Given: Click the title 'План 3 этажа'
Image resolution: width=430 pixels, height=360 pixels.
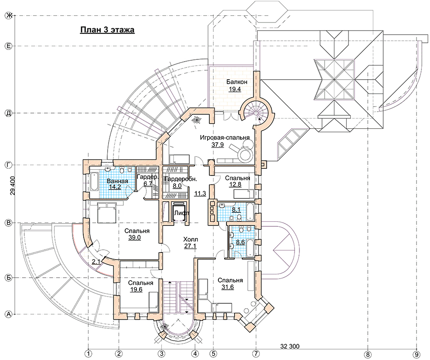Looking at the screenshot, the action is tap(107, 30).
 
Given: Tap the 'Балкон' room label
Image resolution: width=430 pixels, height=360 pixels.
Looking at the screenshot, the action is tap(237, 82).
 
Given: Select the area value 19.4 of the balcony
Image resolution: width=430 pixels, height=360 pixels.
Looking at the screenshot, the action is tap(235, 89).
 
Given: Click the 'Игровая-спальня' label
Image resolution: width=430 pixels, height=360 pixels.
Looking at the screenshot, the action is tap(225, 138).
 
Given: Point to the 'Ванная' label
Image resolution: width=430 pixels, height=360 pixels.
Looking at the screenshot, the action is tap(118, 181).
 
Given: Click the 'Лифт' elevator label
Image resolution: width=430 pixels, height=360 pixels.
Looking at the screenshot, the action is tap(182, 213).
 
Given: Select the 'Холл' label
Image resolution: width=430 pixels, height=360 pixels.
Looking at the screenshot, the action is tap(190, 239).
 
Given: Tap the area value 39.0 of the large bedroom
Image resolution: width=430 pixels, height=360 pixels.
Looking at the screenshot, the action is tap(135, 238).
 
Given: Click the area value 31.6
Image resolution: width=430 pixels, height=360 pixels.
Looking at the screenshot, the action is tap(228, 287).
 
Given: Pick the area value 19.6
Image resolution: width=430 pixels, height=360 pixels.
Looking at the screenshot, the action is tap(136, 290).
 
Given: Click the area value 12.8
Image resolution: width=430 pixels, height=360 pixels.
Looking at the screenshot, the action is tap(235, 184).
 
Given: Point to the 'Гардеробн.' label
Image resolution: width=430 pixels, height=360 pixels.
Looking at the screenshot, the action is tap(181, 179).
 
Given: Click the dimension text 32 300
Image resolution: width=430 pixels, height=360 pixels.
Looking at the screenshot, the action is tap(290, 346).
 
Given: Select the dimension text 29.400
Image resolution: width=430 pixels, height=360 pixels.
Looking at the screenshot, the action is tap(12, 186).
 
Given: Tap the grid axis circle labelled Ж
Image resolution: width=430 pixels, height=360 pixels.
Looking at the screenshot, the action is tap(9, 16).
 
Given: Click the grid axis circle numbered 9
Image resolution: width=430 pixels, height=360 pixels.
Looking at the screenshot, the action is tap(416, 353).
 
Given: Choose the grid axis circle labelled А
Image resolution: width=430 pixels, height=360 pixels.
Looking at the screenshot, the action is tap(9, 314).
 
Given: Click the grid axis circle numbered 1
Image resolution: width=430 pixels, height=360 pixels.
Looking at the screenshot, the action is tap(88, 353).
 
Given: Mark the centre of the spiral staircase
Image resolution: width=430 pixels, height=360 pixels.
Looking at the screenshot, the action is tap(256, 112).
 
